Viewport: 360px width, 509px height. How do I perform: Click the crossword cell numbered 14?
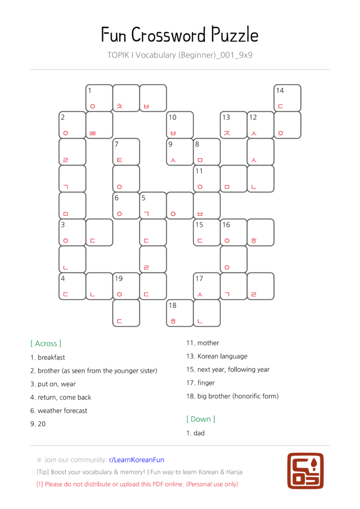287,98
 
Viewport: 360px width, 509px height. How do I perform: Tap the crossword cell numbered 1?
99,98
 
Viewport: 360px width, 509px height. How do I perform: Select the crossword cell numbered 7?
126,152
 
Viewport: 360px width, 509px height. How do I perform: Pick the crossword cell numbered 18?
180,313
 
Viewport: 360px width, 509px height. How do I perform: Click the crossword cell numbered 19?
126,286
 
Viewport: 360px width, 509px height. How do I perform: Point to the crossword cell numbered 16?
234,232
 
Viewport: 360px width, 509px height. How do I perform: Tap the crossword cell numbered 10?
180,125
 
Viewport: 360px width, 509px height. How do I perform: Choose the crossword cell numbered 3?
73,232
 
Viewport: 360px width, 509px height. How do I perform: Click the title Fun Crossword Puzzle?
180,35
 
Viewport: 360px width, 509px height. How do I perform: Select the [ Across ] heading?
46,343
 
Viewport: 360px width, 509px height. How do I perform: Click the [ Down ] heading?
201,419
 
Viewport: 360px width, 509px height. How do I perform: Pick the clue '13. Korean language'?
217,356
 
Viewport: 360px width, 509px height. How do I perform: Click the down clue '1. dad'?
195,433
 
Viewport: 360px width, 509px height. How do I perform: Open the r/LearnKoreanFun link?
136,460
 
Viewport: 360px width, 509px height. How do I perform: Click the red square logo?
305,470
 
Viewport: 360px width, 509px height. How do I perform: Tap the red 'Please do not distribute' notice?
137,484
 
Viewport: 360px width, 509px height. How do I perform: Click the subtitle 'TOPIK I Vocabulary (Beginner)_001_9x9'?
180,55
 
